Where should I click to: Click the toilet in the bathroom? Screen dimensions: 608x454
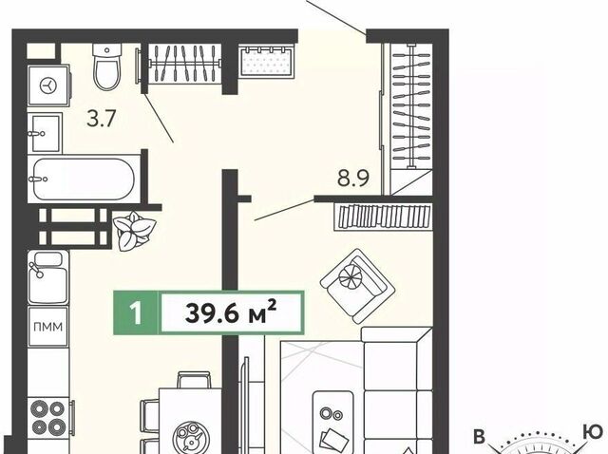(107, 66)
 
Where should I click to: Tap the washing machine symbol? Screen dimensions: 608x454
(48, 85)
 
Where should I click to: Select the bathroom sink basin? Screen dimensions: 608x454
(45, 133)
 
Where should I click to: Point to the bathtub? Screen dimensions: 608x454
(85, 179)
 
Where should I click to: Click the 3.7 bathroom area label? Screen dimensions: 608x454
(102, 119)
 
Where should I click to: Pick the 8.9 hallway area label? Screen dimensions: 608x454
(353, 178)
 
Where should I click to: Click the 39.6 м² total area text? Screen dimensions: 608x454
(231, 312)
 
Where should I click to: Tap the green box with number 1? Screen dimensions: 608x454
(136, 312)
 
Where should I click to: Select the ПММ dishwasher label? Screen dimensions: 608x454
(48, 327)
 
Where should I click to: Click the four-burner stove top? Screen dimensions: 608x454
(48, 418)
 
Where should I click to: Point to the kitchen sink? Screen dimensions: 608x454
(48, 277)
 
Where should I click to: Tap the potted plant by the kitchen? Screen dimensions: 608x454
(134, 231)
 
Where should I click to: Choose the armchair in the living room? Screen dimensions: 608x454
(357, 286)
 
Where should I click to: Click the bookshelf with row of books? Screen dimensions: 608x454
(384, 217)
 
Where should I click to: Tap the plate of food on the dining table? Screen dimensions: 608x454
(191, 437)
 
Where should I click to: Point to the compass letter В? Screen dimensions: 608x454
(480, 437)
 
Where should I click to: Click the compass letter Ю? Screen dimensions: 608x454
(594, 431)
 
